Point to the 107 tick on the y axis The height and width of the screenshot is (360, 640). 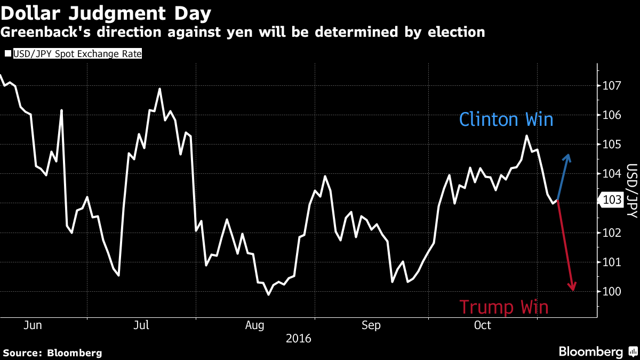tap(612, 85)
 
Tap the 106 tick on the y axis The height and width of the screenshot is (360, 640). tap(612, 115)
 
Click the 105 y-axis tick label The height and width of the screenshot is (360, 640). tap(612, 145)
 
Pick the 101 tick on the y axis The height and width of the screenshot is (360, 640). tap(612, 262)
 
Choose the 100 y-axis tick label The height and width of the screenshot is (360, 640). tap(612, 291)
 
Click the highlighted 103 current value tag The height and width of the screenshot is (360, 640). tap(611, 201)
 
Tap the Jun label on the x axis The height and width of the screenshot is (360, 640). tap(33, 325)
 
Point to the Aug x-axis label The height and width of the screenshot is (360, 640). tap(254, 325)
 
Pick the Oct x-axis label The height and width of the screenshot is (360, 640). tap(483, 325)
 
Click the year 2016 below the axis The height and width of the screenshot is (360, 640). tap(299, 338)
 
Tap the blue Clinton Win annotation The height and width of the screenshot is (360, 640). tap(506, 119)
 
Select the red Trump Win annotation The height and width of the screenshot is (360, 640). tap(503, 307)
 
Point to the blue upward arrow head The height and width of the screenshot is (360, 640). tap(568, 156)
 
